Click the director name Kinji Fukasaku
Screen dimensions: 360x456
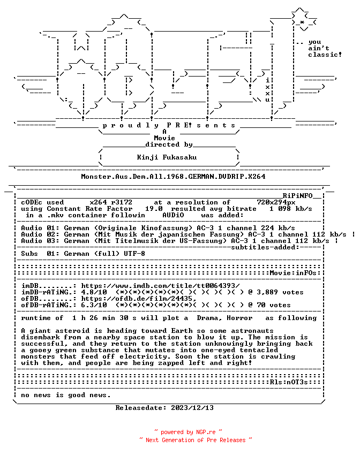167,157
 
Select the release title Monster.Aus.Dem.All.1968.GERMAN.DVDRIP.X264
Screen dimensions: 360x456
173,177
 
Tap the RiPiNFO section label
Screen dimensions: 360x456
297,196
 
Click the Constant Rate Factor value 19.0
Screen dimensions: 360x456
154,209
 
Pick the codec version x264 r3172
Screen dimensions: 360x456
111,202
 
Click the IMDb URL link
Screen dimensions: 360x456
160,286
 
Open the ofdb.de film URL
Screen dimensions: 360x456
139,299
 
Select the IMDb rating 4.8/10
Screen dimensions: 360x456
94,292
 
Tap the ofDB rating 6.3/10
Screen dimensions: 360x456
94,305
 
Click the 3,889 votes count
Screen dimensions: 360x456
280,292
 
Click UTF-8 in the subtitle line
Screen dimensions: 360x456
134,254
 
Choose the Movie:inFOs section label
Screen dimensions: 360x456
293,273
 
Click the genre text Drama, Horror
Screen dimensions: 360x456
224,318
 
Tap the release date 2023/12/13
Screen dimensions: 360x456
192,408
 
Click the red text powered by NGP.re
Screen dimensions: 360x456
188,432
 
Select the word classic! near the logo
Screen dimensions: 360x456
325,55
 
